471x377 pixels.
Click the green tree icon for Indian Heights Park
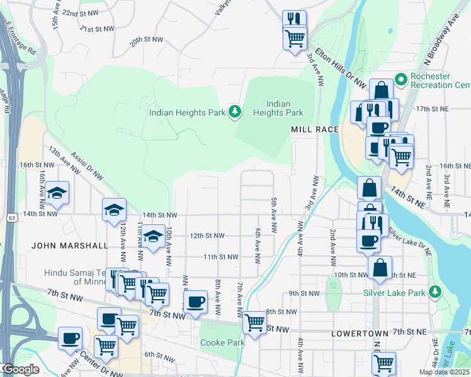(235, 112)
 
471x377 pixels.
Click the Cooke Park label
(222, 343)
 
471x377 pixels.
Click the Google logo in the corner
(20, 369)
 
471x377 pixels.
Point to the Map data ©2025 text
(444, 372)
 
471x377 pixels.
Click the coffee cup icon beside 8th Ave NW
(196, 302)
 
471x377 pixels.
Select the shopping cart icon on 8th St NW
(254, 323)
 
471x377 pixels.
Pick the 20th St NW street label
(147, 40)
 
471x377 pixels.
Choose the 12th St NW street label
(207, 236)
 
